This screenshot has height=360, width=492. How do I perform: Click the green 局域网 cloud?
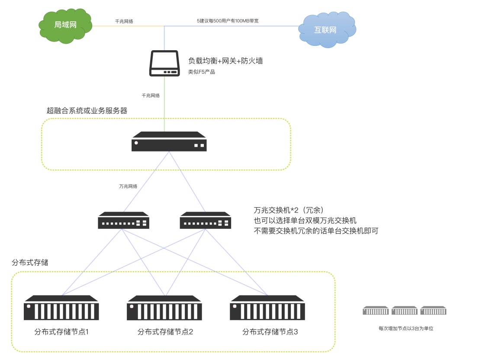65,26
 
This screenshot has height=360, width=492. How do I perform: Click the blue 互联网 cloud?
327,30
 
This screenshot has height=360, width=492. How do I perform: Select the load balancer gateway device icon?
164,64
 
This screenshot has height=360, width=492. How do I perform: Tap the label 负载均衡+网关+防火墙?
225,61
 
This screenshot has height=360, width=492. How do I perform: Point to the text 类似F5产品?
202,72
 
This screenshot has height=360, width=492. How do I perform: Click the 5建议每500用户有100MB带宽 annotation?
228,21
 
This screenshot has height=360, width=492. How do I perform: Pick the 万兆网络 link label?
128,186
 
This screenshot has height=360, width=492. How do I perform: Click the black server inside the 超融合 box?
169,141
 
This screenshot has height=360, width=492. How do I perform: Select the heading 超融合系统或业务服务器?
87,110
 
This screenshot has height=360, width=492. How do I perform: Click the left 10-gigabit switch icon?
123,220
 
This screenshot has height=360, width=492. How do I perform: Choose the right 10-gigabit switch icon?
205,220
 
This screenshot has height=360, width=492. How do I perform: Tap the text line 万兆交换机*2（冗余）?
288,210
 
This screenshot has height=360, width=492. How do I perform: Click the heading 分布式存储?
30,262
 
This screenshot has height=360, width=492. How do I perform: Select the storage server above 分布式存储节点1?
61,308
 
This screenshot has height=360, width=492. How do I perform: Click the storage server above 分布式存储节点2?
164,308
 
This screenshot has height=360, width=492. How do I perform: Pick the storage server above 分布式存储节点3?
267,308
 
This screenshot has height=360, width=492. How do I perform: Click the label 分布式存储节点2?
165,332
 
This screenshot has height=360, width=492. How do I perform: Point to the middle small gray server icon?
405,310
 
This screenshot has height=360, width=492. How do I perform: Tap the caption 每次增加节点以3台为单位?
406,328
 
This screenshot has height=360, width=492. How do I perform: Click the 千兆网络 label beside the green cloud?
124,21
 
